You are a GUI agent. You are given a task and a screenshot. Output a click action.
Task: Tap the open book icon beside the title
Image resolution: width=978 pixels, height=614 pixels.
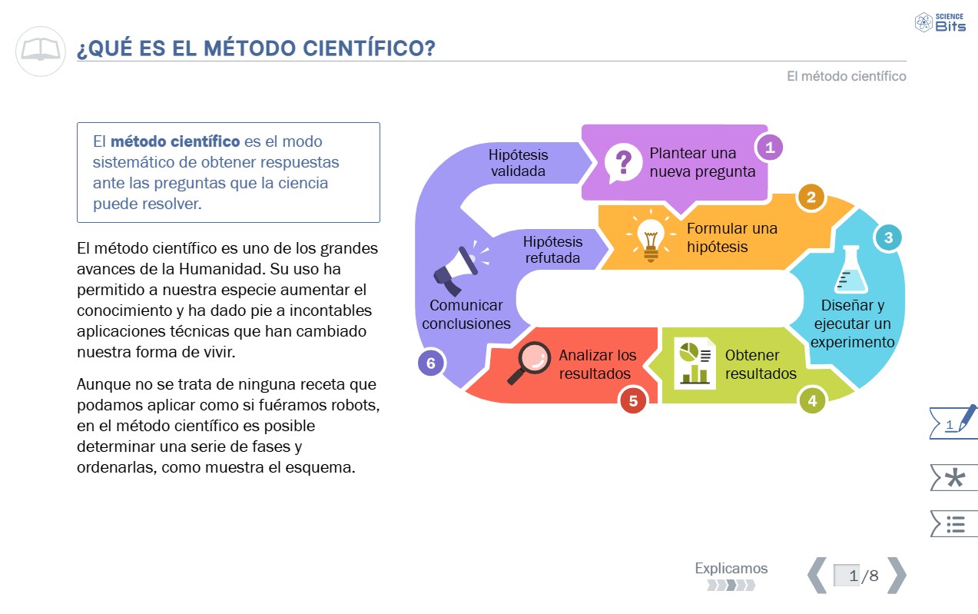coord(40,51)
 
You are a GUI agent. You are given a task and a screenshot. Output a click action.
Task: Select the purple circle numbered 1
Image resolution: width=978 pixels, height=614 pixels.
coord(769,147)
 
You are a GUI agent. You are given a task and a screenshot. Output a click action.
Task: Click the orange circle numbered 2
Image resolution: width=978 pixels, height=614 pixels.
coord(811,197)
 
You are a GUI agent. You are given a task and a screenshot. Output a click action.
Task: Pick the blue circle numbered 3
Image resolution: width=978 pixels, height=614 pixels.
coord(888,237)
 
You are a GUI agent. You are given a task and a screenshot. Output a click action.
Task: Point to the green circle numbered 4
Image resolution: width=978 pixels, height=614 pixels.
coord(812,400)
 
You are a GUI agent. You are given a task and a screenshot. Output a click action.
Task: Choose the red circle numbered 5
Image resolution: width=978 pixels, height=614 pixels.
coord(633,400)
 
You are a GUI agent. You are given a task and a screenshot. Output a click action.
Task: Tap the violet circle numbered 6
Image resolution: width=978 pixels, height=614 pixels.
coord(431,363)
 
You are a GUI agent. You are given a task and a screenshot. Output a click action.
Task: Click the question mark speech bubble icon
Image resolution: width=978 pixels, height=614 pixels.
coord(622,163)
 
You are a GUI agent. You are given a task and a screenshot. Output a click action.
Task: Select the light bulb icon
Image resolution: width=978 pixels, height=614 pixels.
coord(651,235)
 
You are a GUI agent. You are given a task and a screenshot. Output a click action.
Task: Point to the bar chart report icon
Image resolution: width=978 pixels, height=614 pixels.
coord(695,363)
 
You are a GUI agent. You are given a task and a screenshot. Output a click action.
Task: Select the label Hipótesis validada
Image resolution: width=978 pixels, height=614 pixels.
coord(518,163)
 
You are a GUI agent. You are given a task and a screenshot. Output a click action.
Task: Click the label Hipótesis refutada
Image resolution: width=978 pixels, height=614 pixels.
coord(553,250)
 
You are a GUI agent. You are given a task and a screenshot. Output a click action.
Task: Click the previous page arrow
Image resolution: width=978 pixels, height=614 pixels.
coord(817,575)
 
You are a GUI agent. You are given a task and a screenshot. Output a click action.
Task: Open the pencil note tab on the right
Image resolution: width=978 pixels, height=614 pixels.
coord(953,422)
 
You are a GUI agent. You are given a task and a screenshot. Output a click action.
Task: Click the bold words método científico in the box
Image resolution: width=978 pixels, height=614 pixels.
coord(175,141)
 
